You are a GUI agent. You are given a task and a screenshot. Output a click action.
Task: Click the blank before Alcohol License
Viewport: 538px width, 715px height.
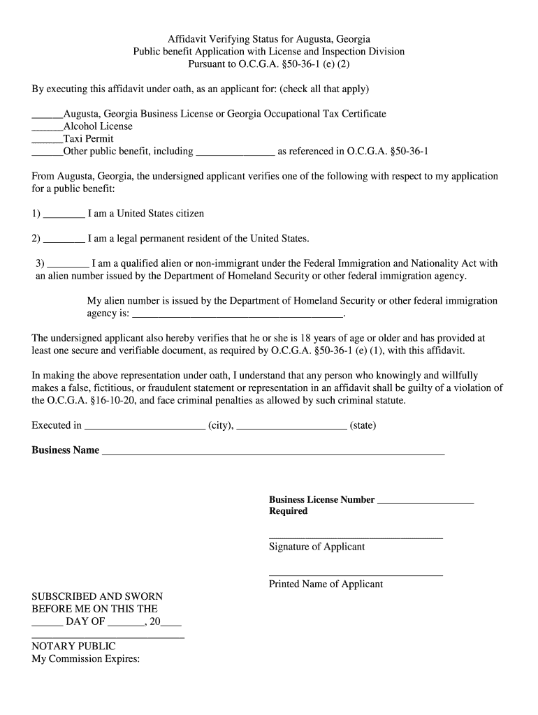[47, 128]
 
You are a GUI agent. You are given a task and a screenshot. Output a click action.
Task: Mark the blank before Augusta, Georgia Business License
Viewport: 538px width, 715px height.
[47, 115]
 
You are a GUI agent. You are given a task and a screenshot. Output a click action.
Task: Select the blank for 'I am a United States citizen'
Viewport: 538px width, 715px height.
[64, 215]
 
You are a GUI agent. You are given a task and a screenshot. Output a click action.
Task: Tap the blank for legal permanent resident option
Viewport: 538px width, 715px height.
[64, 240]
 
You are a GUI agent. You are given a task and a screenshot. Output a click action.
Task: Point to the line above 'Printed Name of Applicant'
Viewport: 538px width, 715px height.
[356, 575]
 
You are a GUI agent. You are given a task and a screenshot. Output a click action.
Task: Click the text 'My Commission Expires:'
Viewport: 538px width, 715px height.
[86, 659]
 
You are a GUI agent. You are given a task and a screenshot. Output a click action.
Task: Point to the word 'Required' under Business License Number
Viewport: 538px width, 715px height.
[288, 511]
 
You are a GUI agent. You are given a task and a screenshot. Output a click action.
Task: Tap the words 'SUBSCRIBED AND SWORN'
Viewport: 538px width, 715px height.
[97, 596]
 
